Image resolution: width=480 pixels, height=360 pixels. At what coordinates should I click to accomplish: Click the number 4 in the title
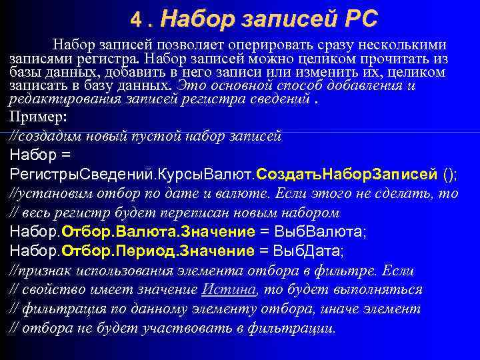tap(135, 19)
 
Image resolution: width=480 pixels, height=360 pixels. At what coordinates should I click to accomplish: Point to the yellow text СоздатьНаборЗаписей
tap(347, 175)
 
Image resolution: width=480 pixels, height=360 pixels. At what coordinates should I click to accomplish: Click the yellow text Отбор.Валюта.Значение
tap(158, 232)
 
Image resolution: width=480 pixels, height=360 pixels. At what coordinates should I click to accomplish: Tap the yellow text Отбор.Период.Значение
tap(158, 251)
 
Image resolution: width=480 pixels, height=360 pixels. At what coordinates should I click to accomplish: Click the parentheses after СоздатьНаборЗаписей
tap(450, 175)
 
